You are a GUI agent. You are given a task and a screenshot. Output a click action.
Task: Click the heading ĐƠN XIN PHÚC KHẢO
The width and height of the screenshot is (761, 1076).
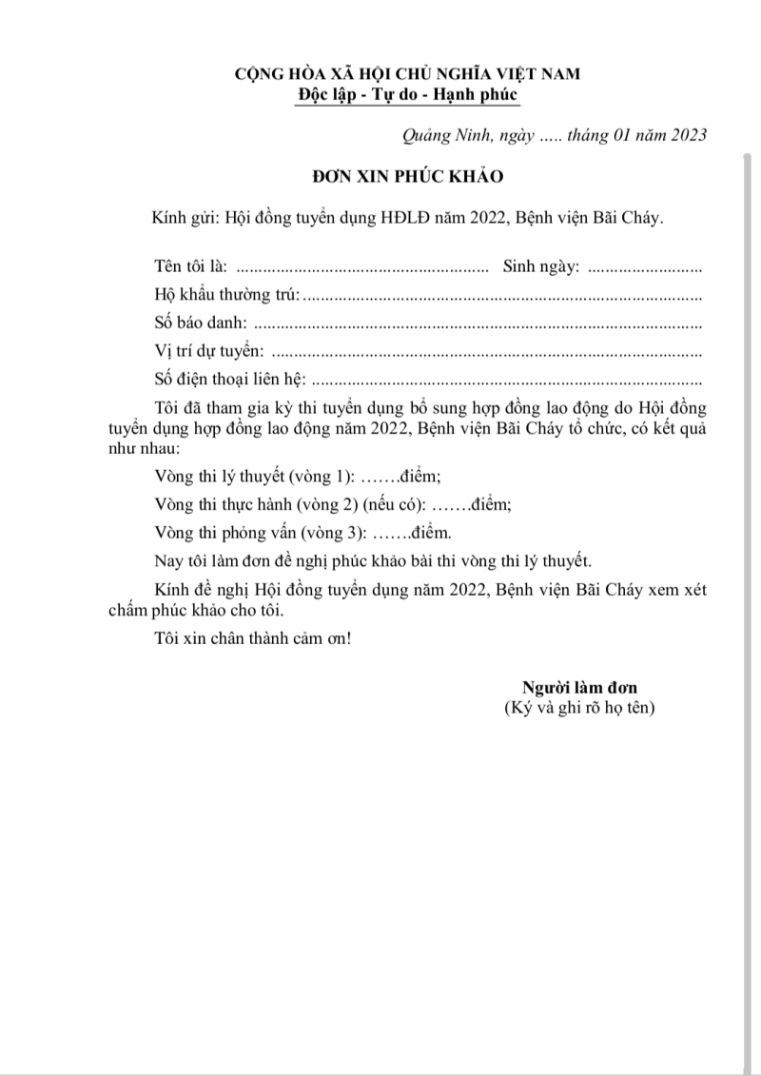(x=409, y=177)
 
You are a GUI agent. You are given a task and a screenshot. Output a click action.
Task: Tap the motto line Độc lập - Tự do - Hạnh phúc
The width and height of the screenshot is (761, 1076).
(x=409, y=94)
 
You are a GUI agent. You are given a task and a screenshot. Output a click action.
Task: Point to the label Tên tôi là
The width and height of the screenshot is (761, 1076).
(x=190, y=265)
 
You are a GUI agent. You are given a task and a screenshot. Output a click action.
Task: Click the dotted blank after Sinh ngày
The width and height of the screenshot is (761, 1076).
(x=645, y=266)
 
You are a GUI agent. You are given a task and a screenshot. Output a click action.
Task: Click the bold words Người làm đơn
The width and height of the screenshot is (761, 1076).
(x=579, y=688)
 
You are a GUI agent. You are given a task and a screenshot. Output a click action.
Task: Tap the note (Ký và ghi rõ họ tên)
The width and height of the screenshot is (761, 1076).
(x=579, y=709)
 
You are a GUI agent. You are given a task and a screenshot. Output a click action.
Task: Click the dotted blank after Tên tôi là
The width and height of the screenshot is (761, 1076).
(x=361, y=266)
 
